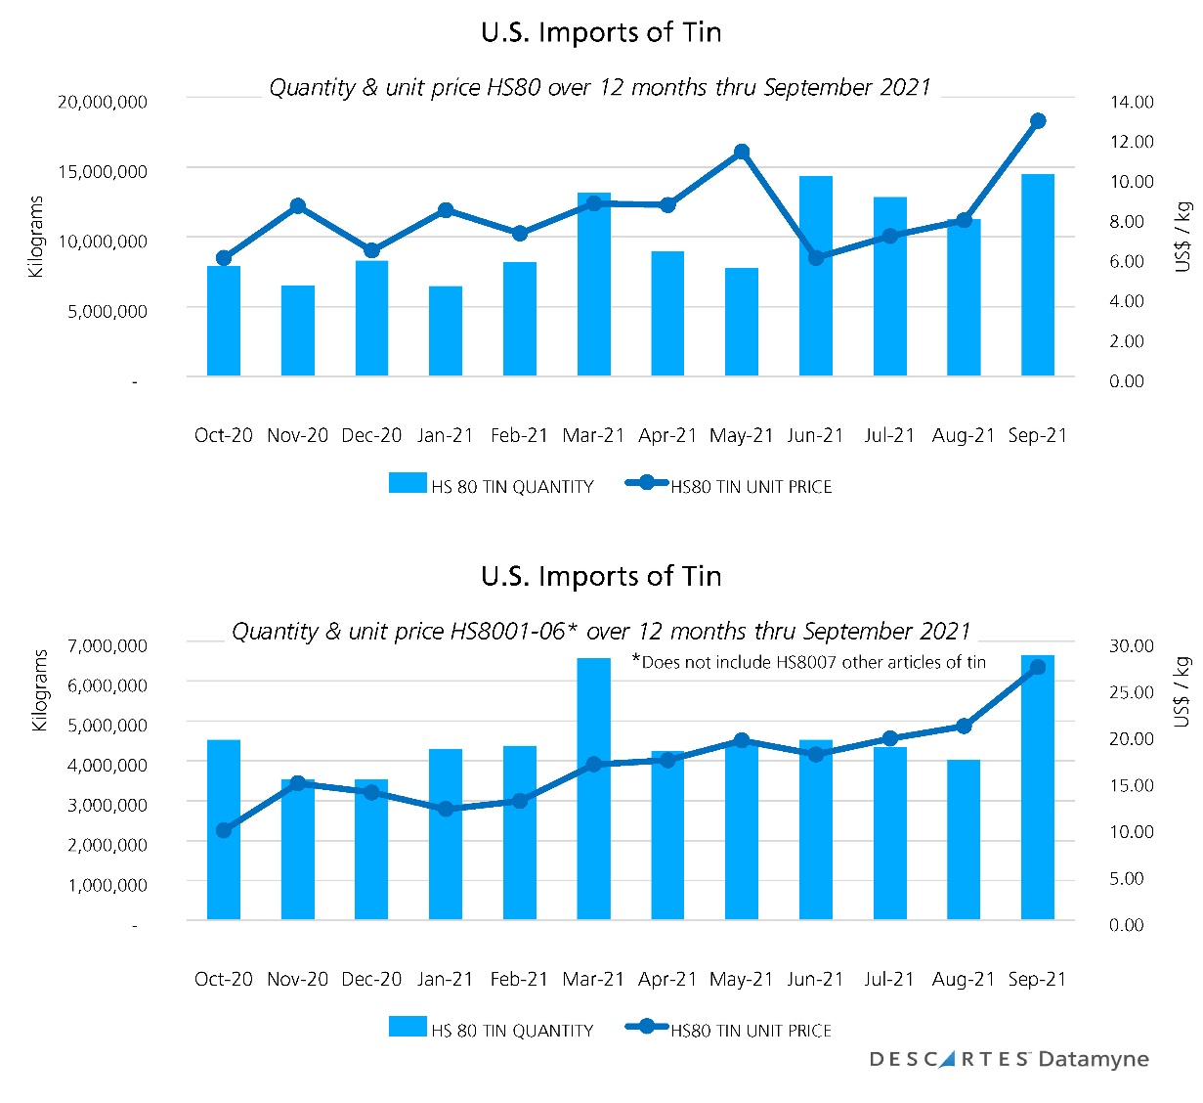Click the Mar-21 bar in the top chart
[x=593, y=285]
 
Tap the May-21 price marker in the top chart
[x=742, y=152]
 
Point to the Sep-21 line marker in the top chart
[x=1038, y=121]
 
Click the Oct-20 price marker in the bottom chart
[x=224, y=830]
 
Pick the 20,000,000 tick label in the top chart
[x=103, y=102]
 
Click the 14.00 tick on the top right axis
[x=1131, y=102]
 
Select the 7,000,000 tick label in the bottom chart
[x=107, y=645]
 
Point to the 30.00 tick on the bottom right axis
[x=1131, y=645]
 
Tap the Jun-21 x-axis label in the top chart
[x=815, y=435]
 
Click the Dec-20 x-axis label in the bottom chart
[x=371, y=979]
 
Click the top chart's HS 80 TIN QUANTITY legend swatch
[x=408, y=483]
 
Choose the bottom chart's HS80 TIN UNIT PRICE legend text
[x=751, y=1031]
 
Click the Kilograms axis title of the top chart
[x=37, y=237]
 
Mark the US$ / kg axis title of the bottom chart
[x=1182, y=691]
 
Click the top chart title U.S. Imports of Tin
[x=601, y=32]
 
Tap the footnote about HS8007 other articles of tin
[x=808, y=662]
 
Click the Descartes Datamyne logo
[x=1009, y=1059]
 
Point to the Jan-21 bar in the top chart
[x=446, y=331]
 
